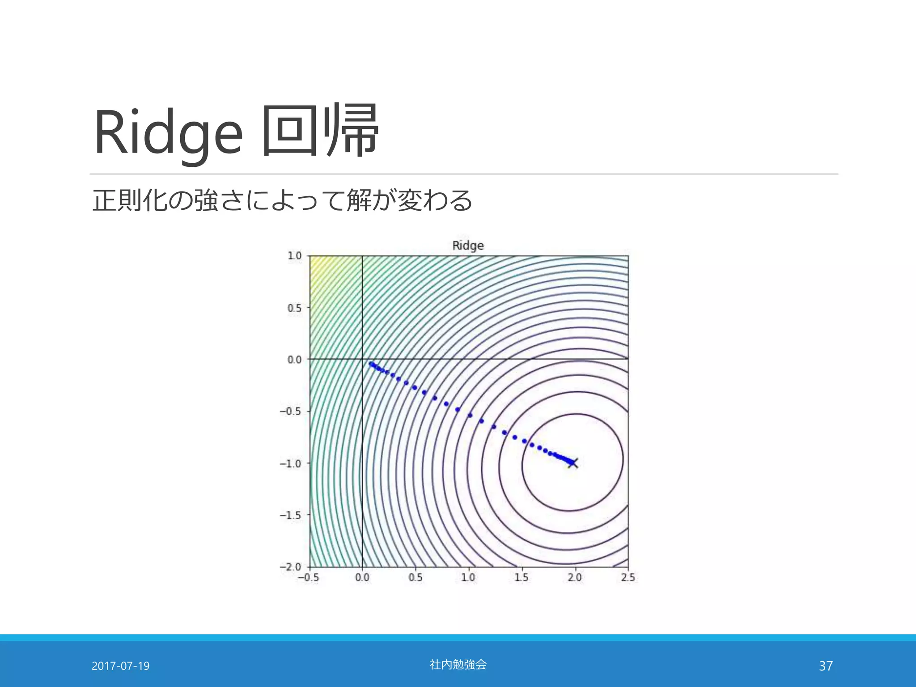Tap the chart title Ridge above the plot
pyautogui.click(x=468, y=246)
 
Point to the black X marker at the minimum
pyautogui.click(x=573, y=463)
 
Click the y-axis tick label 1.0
pyautogui.click(x=295, y=256)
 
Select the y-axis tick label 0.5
pyautogui.click(x=295, y=308)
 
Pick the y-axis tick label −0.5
pyautogui.click(x=291, y=411)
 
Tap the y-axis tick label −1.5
pyautogui.click(x=291, y=515)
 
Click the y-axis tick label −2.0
pyautogui.click(x=291, y=567)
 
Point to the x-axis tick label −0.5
pyautogui.click(x=308, y=577)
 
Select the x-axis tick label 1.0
pyautogui.click(x=468, y=577)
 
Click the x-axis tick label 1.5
pyautogui.click(x=521, y=577)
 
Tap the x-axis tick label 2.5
pyautogui.click(x=628, y=577)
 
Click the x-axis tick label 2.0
pyautogui.click(x=574, y=577)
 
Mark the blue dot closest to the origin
pyautogui.click(x=370, y=364)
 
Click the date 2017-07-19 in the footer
pyautogui.click(x=120, y=666)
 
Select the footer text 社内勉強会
pyautogui.click(x=458, y=665)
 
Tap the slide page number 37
pyautogui.click(x=826, y=666)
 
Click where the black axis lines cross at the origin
pyautogui.click(x=362, y=359)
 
